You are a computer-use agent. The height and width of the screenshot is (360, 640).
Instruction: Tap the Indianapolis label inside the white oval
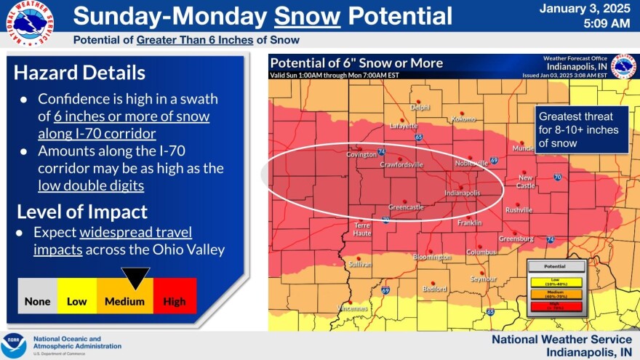463,193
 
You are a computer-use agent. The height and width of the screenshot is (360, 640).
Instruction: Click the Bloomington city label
432,257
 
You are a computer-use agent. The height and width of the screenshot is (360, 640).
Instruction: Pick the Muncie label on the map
524,148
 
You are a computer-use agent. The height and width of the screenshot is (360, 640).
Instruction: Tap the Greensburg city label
516,239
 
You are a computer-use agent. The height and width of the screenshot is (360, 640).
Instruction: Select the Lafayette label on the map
404,125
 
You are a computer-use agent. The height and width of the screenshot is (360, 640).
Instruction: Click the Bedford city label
434,289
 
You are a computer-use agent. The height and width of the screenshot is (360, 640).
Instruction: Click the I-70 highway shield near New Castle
556,177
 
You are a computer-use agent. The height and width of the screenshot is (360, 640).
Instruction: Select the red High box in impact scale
175,301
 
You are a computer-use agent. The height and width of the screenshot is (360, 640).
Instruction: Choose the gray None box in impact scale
37,301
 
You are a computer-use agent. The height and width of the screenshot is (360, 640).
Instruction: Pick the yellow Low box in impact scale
77,301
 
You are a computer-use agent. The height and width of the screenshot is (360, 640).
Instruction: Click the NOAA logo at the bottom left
14,344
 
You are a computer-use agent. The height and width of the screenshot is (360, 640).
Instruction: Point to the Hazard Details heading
79,73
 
